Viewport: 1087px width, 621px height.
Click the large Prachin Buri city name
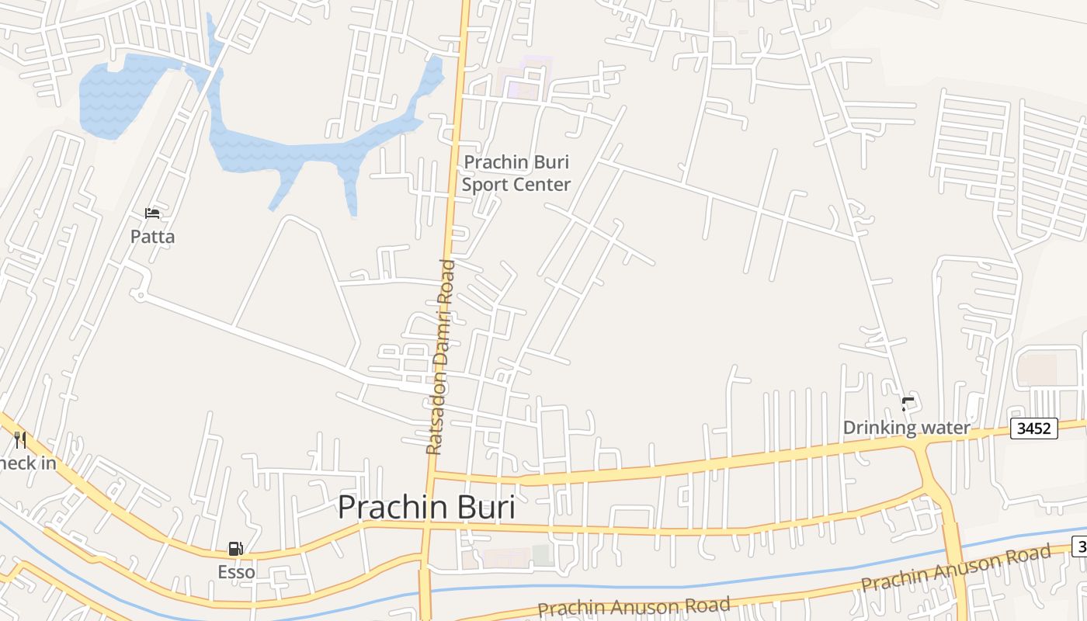[426, 508]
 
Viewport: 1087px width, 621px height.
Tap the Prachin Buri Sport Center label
[516, 173]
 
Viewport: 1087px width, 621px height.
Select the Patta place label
[152, 237]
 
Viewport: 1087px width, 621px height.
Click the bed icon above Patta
[152, 213]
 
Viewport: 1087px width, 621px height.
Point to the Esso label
[236, 572]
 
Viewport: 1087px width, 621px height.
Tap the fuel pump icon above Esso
[235, 550]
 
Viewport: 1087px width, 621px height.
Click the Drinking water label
[906, 428]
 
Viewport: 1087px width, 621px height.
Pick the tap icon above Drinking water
[907, 404]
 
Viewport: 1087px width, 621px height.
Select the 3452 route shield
[1034, 428]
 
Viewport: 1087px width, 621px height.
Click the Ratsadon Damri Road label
[439, 357]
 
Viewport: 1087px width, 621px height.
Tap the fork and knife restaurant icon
[20, 440]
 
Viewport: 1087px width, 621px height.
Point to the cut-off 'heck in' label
[28, 463]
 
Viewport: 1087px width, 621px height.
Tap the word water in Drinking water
[946, 428]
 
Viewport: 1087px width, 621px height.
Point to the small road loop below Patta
[139, 295]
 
